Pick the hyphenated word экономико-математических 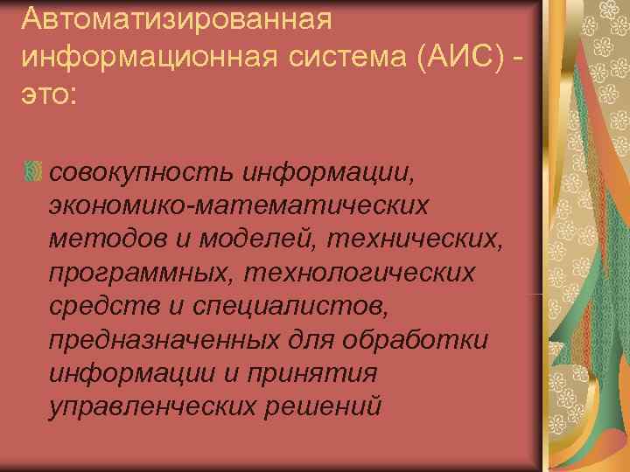click(x=239, y=205)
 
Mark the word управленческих click(x=161, y=406)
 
